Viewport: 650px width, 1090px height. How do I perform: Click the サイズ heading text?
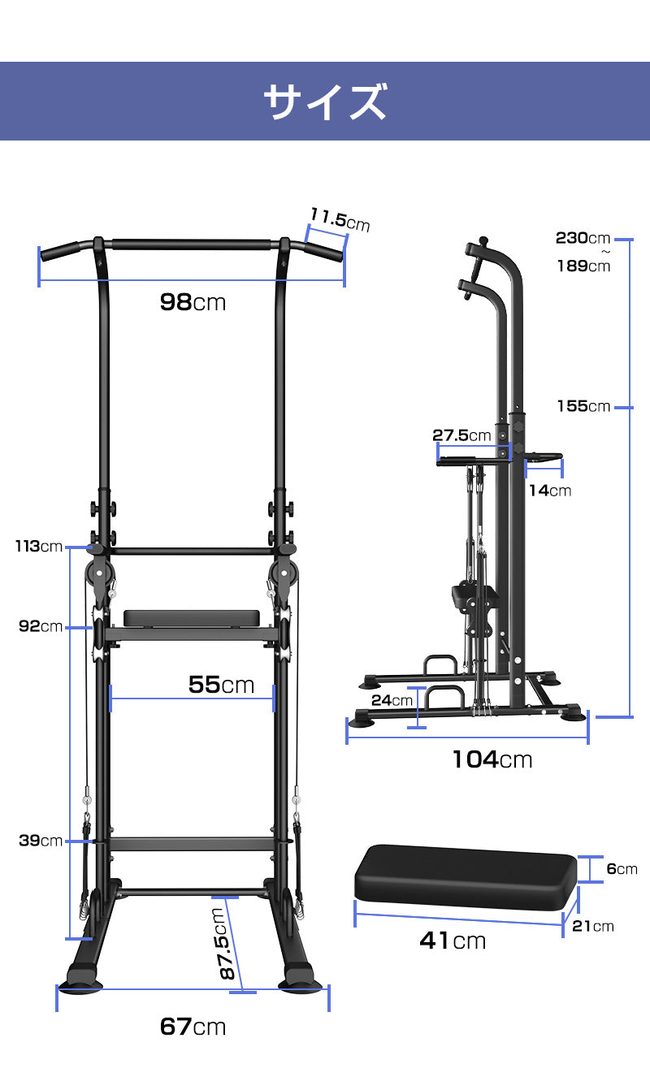click(325, 102)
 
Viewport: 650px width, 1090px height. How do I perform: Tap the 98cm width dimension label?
click(193, 302)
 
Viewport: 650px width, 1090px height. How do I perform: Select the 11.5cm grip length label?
click(340, 219)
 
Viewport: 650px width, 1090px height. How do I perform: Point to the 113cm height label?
click(39, 547)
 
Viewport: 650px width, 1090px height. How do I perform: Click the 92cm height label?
click(41, 626)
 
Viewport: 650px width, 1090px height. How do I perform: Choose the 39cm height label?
click(41, 841)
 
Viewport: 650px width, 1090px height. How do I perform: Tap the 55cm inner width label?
click(222, 685)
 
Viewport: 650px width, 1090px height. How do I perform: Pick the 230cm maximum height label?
click(583, 238)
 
